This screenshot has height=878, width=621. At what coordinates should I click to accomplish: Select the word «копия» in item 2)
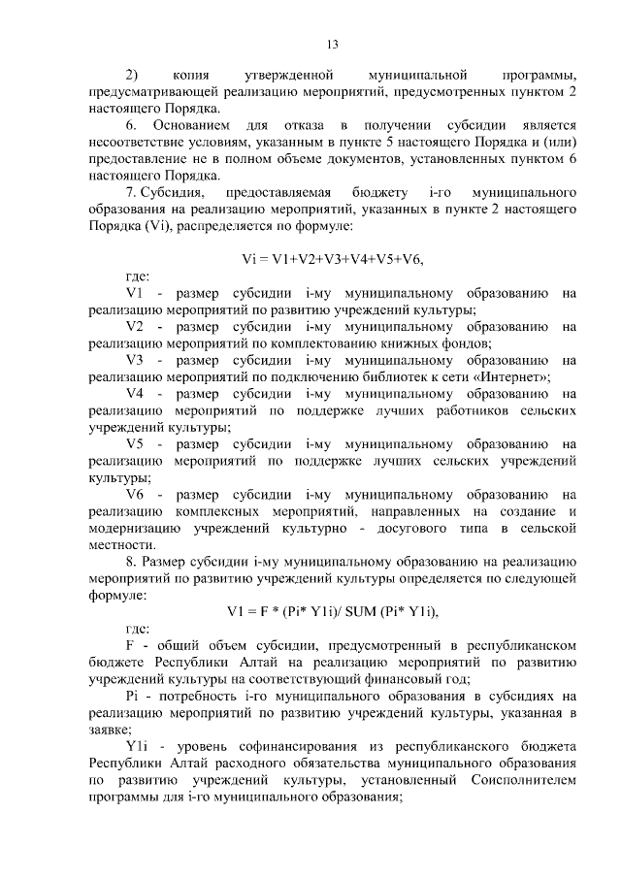(x=192, y=74)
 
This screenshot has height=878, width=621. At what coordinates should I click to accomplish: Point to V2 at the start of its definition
(x=135, y=326)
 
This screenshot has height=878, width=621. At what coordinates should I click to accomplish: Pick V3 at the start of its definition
(x=135, y=359)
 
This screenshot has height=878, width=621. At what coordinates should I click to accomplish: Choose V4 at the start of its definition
(x=135, y=393)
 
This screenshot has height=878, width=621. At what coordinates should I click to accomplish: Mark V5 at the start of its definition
(x=135, y=443)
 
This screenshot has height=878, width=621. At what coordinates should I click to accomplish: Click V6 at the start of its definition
(x=135, y=494)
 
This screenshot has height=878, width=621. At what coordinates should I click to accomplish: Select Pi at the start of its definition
(x=134, y=695)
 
